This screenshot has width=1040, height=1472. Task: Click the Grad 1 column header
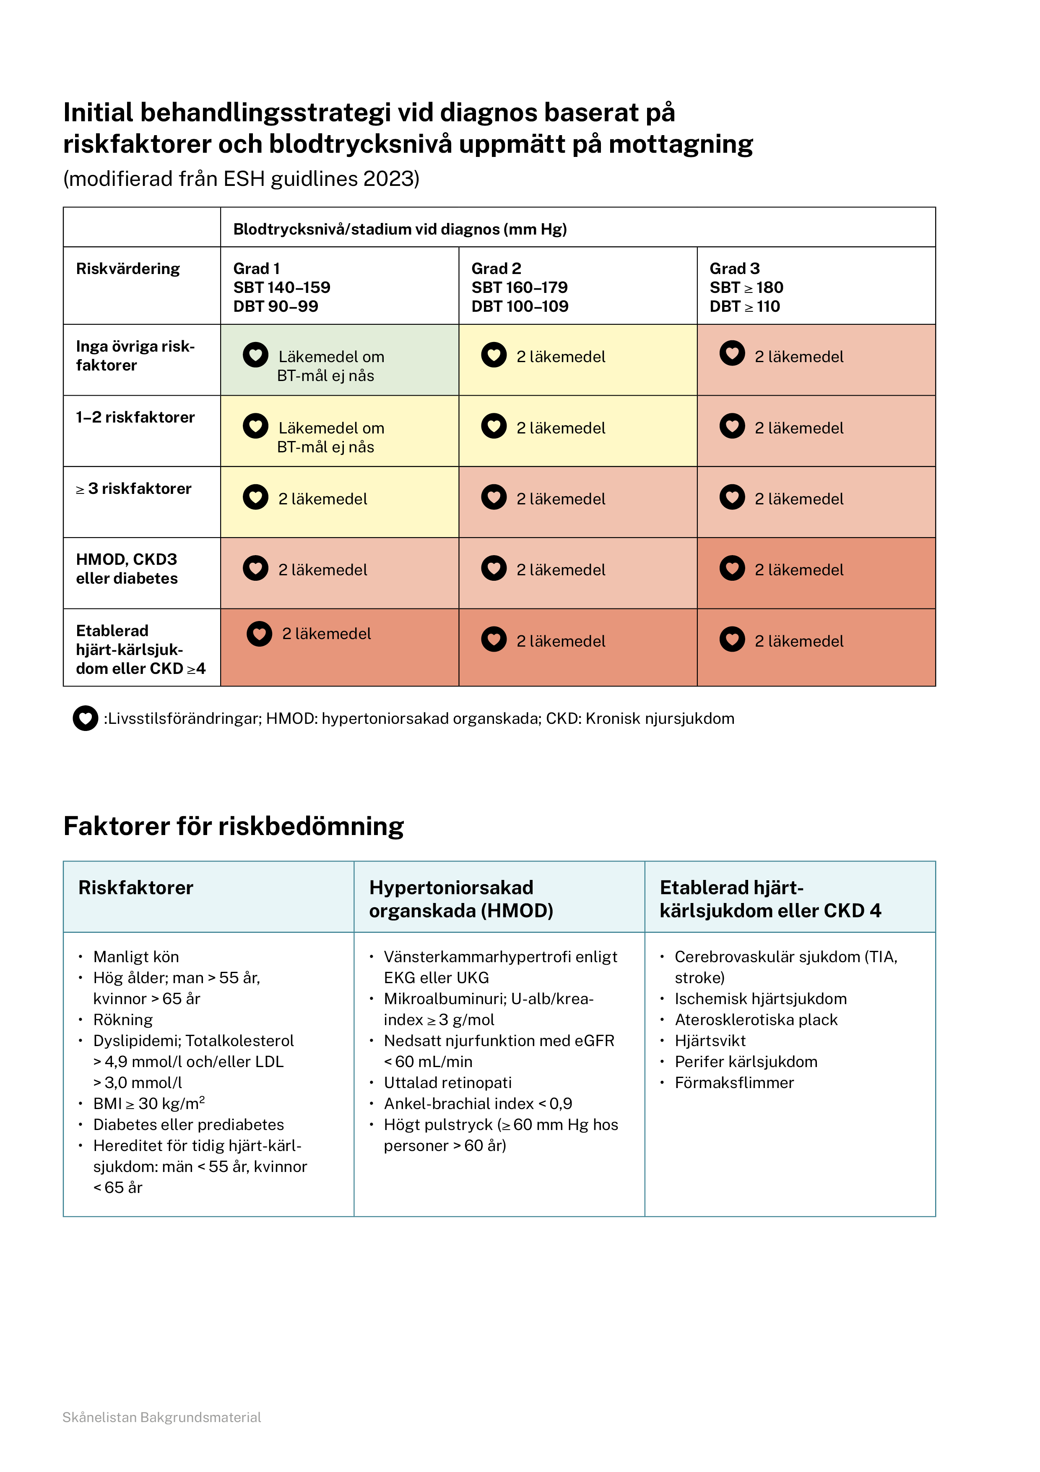coord(282,287)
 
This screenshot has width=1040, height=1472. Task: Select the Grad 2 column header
coord(520,287)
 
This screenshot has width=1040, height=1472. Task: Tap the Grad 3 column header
coord(746,287)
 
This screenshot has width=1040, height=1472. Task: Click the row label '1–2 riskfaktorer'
coord(135,418)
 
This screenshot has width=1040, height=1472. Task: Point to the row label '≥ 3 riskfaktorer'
coord(134,488)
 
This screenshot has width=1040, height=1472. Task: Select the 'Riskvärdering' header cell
coord(128,269)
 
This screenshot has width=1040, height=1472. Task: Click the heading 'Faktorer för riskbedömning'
coord(233,826)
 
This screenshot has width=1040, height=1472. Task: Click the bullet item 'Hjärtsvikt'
coord(710,1041)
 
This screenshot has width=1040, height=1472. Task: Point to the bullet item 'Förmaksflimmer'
coord(734,1083)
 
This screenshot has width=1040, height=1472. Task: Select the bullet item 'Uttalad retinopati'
coord(447,1083)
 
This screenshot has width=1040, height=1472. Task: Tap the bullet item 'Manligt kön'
coord(136,957)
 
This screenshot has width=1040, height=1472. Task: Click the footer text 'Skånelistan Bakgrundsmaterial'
coord(161,1417)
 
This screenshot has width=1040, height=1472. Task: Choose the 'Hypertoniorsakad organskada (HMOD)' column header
coord(461,899)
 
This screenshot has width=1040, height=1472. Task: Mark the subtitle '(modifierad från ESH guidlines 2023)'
coord(241,178)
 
